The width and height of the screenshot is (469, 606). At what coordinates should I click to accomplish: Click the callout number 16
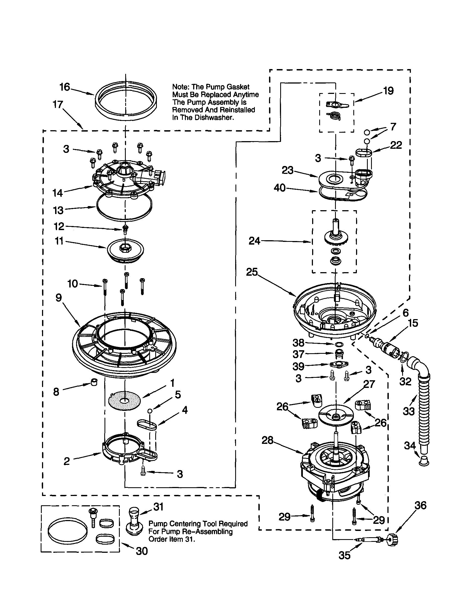(x=65, y=87)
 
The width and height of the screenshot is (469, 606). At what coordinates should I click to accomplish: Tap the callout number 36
(x=420, y=506)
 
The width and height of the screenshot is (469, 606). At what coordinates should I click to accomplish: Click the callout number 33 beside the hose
(x=408, y=411)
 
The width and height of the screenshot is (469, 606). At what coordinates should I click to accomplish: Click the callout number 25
(x=252, y=272)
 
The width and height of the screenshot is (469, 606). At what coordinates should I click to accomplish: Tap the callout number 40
(x=280, y=188)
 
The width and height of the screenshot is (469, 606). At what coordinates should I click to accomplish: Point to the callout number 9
(x=58, y=298)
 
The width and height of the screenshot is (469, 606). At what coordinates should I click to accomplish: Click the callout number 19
(x=388, y=91)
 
